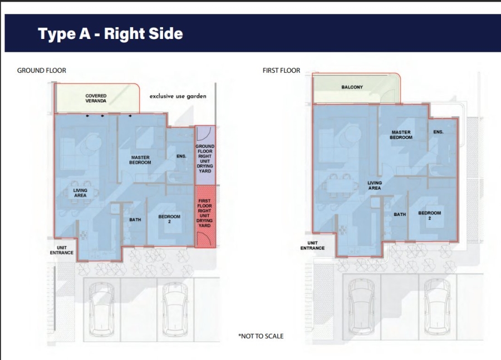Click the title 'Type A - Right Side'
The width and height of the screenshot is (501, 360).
[x=110, y=33]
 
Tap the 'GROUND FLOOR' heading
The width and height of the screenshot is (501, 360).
[x=42, y=70]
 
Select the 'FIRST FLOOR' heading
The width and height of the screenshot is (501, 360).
[x=281, y=70]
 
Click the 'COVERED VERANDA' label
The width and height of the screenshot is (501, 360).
[x=96, y=98]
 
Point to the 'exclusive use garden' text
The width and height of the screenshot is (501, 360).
[x=178, y=96]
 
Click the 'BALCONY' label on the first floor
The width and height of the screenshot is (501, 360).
[x=352, y=87]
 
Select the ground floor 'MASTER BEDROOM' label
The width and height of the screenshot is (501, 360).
[x=140, y=160]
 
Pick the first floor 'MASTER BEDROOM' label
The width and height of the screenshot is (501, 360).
[x=401, y=135]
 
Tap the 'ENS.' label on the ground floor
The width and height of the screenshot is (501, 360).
[x=181, y=156]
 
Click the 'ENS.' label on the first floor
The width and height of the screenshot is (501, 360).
[x=439, y=132]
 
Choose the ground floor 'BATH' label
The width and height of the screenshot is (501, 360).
[x=135, y=219]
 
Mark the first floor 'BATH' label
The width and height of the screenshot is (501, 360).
[x=400, y=214]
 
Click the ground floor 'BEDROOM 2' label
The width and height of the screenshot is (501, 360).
[x=169, y=219]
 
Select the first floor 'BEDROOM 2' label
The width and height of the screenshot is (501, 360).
[x=429, y=215]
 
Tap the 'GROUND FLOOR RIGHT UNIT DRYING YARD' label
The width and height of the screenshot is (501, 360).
[x=205, y=159]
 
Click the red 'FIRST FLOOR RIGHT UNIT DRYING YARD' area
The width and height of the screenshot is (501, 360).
[x=205, y=216]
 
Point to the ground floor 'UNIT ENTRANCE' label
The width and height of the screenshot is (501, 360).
[x=62, y=250]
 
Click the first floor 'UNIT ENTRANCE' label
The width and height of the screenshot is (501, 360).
[x=312, y=245]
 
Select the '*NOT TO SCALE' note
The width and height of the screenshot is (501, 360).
[x=261, y=336]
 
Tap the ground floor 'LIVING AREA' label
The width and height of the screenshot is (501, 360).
[x=80, y=193]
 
